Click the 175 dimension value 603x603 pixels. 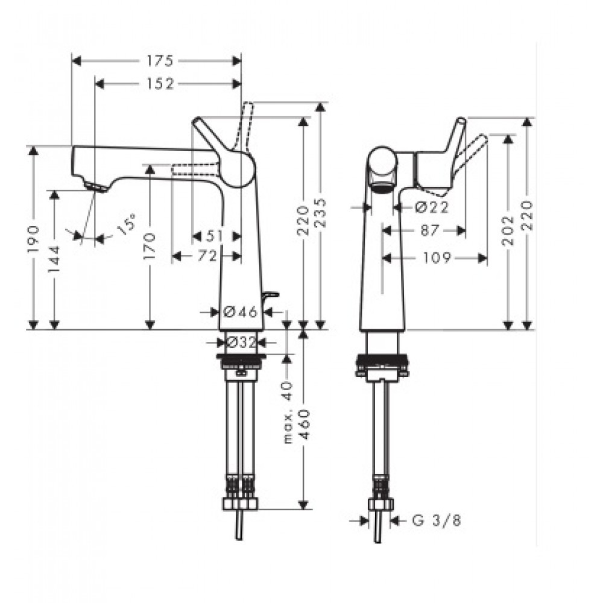pyautogui.click(x=160, y=61)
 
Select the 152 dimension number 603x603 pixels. pyautogui.click(x=160, y=84)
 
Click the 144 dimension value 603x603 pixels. pyautogui.click(x=55, y=259)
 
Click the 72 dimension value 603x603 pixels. pyautogui.click(x=207, y=256)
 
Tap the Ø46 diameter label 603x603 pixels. pyautogui.click(x=241, y=312)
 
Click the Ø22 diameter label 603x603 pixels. pyautogui.click(x=432, y=207)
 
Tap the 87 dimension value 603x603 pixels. pyautogui.click(x=429, y=231)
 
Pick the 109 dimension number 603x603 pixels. pyautogui.click(x=437, y=257)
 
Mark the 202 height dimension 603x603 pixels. pyautogui.click(x=509, y=231)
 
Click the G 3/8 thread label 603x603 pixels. pyautogui.click(x=437, y=521)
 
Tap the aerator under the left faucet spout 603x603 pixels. pyautogui.click(x=96, y=188)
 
